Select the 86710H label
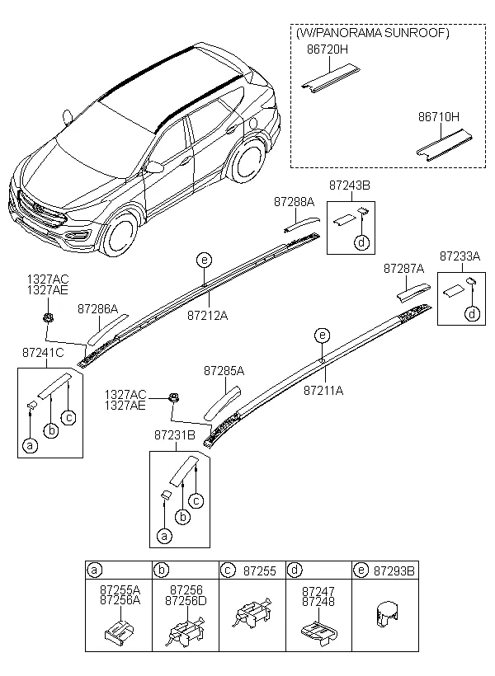point(436,117)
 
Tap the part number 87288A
point(295,200)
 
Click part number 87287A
point(403,269)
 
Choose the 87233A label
point(460,256)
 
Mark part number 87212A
point(207,315)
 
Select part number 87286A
point(98,308)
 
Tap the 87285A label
point(224,371)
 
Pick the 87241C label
point(43,353)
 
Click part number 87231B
point(174,434)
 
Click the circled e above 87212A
point(203,261)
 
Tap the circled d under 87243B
point(361,242)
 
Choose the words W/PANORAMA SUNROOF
point(372,33)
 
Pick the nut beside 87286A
point(48,317)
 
